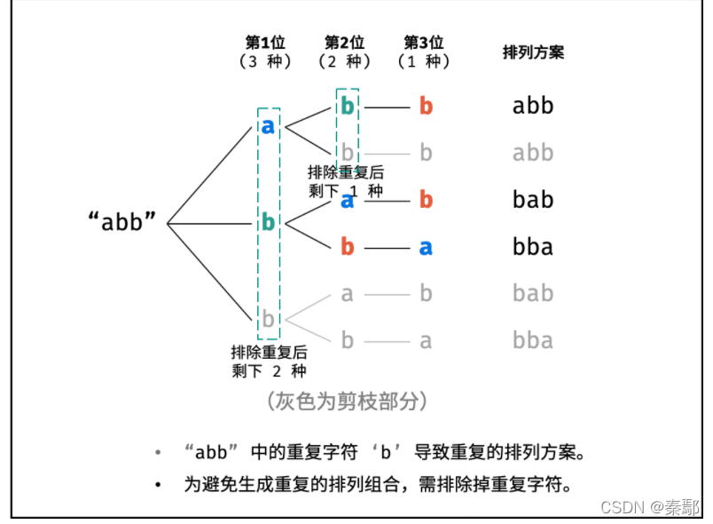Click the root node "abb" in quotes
click(x=128, y=222)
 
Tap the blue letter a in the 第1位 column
click(x=268, y=127)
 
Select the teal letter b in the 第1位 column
click(x=268, y=222)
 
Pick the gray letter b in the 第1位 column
click(x=268, y=318)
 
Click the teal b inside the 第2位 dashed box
click(x=348, y=107)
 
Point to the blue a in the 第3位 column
click(x=426, y=247)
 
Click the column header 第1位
click(x=265, y=43)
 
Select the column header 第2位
click(x=345, y=43)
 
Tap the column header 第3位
click(x=424, y=43)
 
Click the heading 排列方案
click(x=533, y=52)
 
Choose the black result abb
click(x=533, y=107)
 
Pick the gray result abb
click(x=533, y=153)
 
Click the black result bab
click(x=533, y=200)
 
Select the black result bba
click(x=533, y=247)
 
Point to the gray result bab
click(x=533, y=294)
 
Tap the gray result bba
click(x=533, y=341)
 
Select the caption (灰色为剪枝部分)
click(x=348, y=401)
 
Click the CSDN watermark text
click(x=650, y=506)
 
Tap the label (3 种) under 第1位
click(x=265, y=62)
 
